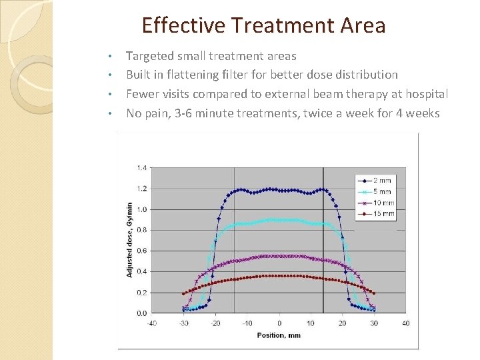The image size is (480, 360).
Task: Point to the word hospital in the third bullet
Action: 422,94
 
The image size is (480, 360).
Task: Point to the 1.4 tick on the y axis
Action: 142,167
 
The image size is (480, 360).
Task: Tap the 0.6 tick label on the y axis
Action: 142,251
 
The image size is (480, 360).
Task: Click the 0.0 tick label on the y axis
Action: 142,313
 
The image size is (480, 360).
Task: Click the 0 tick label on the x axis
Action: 279,323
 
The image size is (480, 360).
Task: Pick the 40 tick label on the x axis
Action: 405,323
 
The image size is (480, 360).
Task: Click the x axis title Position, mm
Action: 279,335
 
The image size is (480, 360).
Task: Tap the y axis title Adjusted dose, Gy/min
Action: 129,240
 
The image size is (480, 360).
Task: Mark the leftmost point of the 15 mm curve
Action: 183,293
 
